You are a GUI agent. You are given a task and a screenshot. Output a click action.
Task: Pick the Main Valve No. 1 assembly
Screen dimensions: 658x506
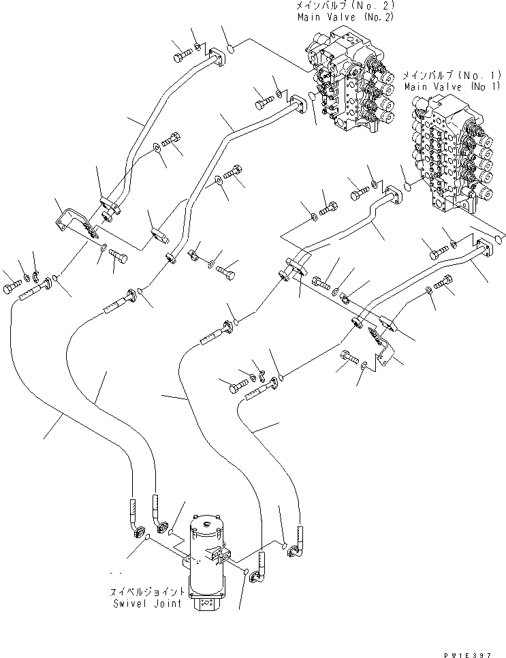click(453, 157)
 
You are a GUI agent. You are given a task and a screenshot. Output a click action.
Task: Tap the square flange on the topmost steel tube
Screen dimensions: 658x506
click(216, 59)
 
